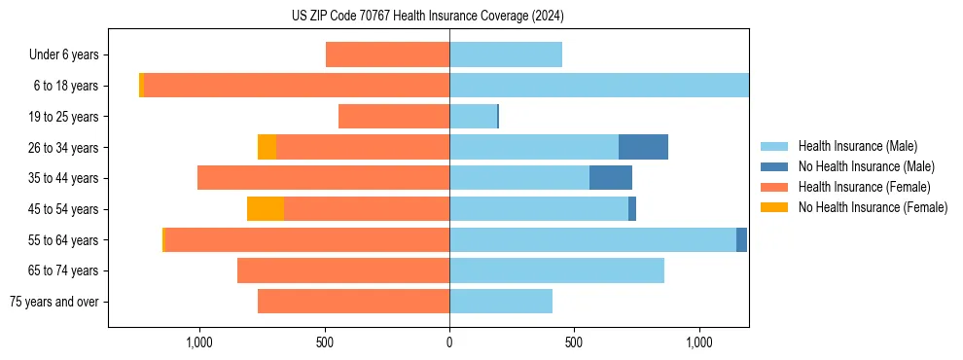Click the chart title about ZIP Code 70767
point(427,17)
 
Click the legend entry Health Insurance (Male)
point(857,146)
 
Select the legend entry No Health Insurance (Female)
point(873,207)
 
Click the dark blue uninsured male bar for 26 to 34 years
point(643,147)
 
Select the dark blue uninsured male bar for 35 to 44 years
point(611,178)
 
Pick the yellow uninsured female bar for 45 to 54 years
point(266,209)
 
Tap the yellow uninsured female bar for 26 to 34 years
point(267,147)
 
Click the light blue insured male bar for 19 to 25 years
point(473,117)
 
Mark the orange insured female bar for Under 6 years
point(387,54)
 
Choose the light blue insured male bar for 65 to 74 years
point(556,270)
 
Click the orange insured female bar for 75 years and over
point(353,302)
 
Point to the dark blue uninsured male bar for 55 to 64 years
point(741,239)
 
